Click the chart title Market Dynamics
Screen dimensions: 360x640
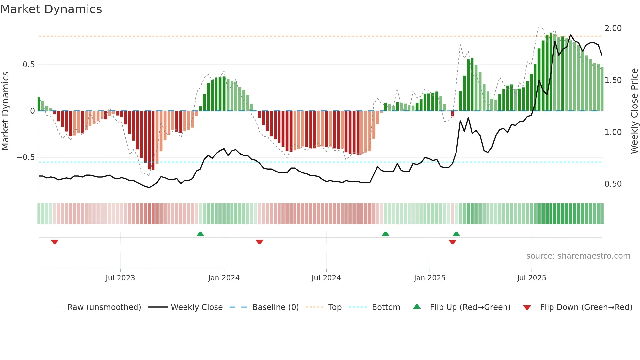pyautogui.click(x=51, y=9)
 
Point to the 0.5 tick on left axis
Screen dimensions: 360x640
pyautogui.click(x=28, y=65)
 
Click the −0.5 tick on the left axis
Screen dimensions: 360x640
pyautogui.click(x=26, y=157)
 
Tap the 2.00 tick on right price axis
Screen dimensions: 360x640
pyautogui.click(x=613, y=28)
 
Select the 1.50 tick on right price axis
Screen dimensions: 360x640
pyautogui.click(x=613, y=80)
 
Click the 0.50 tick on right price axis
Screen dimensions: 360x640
pyautogui.click(x=613, y=184)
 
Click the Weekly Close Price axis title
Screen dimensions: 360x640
pyautogui.click(x=634, y=111)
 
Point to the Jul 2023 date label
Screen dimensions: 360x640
pyautogui.click(x=120, y=278)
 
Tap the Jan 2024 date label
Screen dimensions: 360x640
pyautogui.click(x=224, y=278)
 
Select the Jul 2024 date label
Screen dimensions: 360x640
pyautogui.click(x=326, y=278)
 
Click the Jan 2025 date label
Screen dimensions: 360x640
pyautogui.click(x=429, y=278)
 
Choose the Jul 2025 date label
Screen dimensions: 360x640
pyautogui.click(x=531, y=278)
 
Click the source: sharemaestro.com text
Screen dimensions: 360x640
pyautogui.click(x=578, y=256)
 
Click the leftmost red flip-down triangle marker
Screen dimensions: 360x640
pyautogui.click(x=55, y=242)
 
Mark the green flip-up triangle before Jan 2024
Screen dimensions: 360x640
pyautogui.click(x=200, y=234)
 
